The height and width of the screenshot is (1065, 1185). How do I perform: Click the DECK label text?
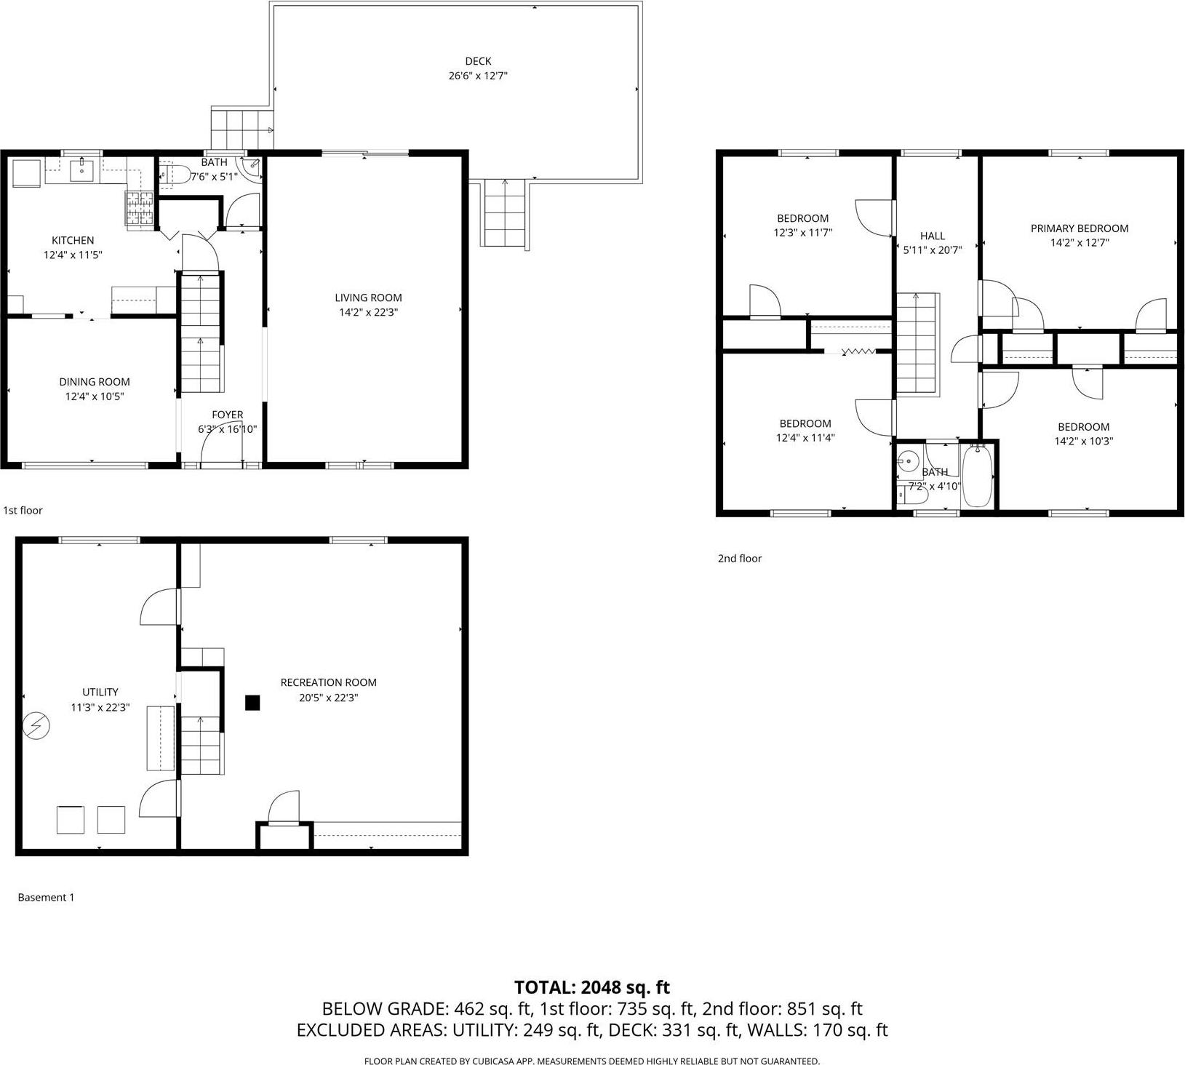[478, 61]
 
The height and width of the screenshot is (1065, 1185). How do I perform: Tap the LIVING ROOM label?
[368, 298]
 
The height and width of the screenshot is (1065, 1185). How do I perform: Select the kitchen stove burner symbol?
[139, 209]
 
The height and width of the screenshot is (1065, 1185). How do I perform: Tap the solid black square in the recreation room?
[252, 703]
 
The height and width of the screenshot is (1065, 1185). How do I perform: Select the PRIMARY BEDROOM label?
[1080, 228]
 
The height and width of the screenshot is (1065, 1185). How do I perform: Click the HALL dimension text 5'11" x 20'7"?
[933, 250]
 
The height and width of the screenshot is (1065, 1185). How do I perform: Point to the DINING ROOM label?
[95, 382]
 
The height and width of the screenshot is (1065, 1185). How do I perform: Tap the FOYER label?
[227, 415]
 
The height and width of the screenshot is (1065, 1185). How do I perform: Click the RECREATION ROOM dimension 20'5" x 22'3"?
[329, 698]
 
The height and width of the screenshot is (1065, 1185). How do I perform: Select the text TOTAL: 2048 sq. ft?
[591, 987]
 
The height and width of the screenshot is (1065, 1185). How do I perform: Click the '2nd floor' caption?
[740, 559]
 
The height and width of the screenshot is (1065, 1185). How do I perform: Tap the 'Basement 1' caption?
[46, 898]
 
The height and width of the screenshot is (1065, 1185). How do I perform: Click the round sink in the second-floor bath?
[908, 460]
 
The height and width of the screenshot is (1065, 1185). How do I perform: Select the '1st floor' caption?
[23, 511]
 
